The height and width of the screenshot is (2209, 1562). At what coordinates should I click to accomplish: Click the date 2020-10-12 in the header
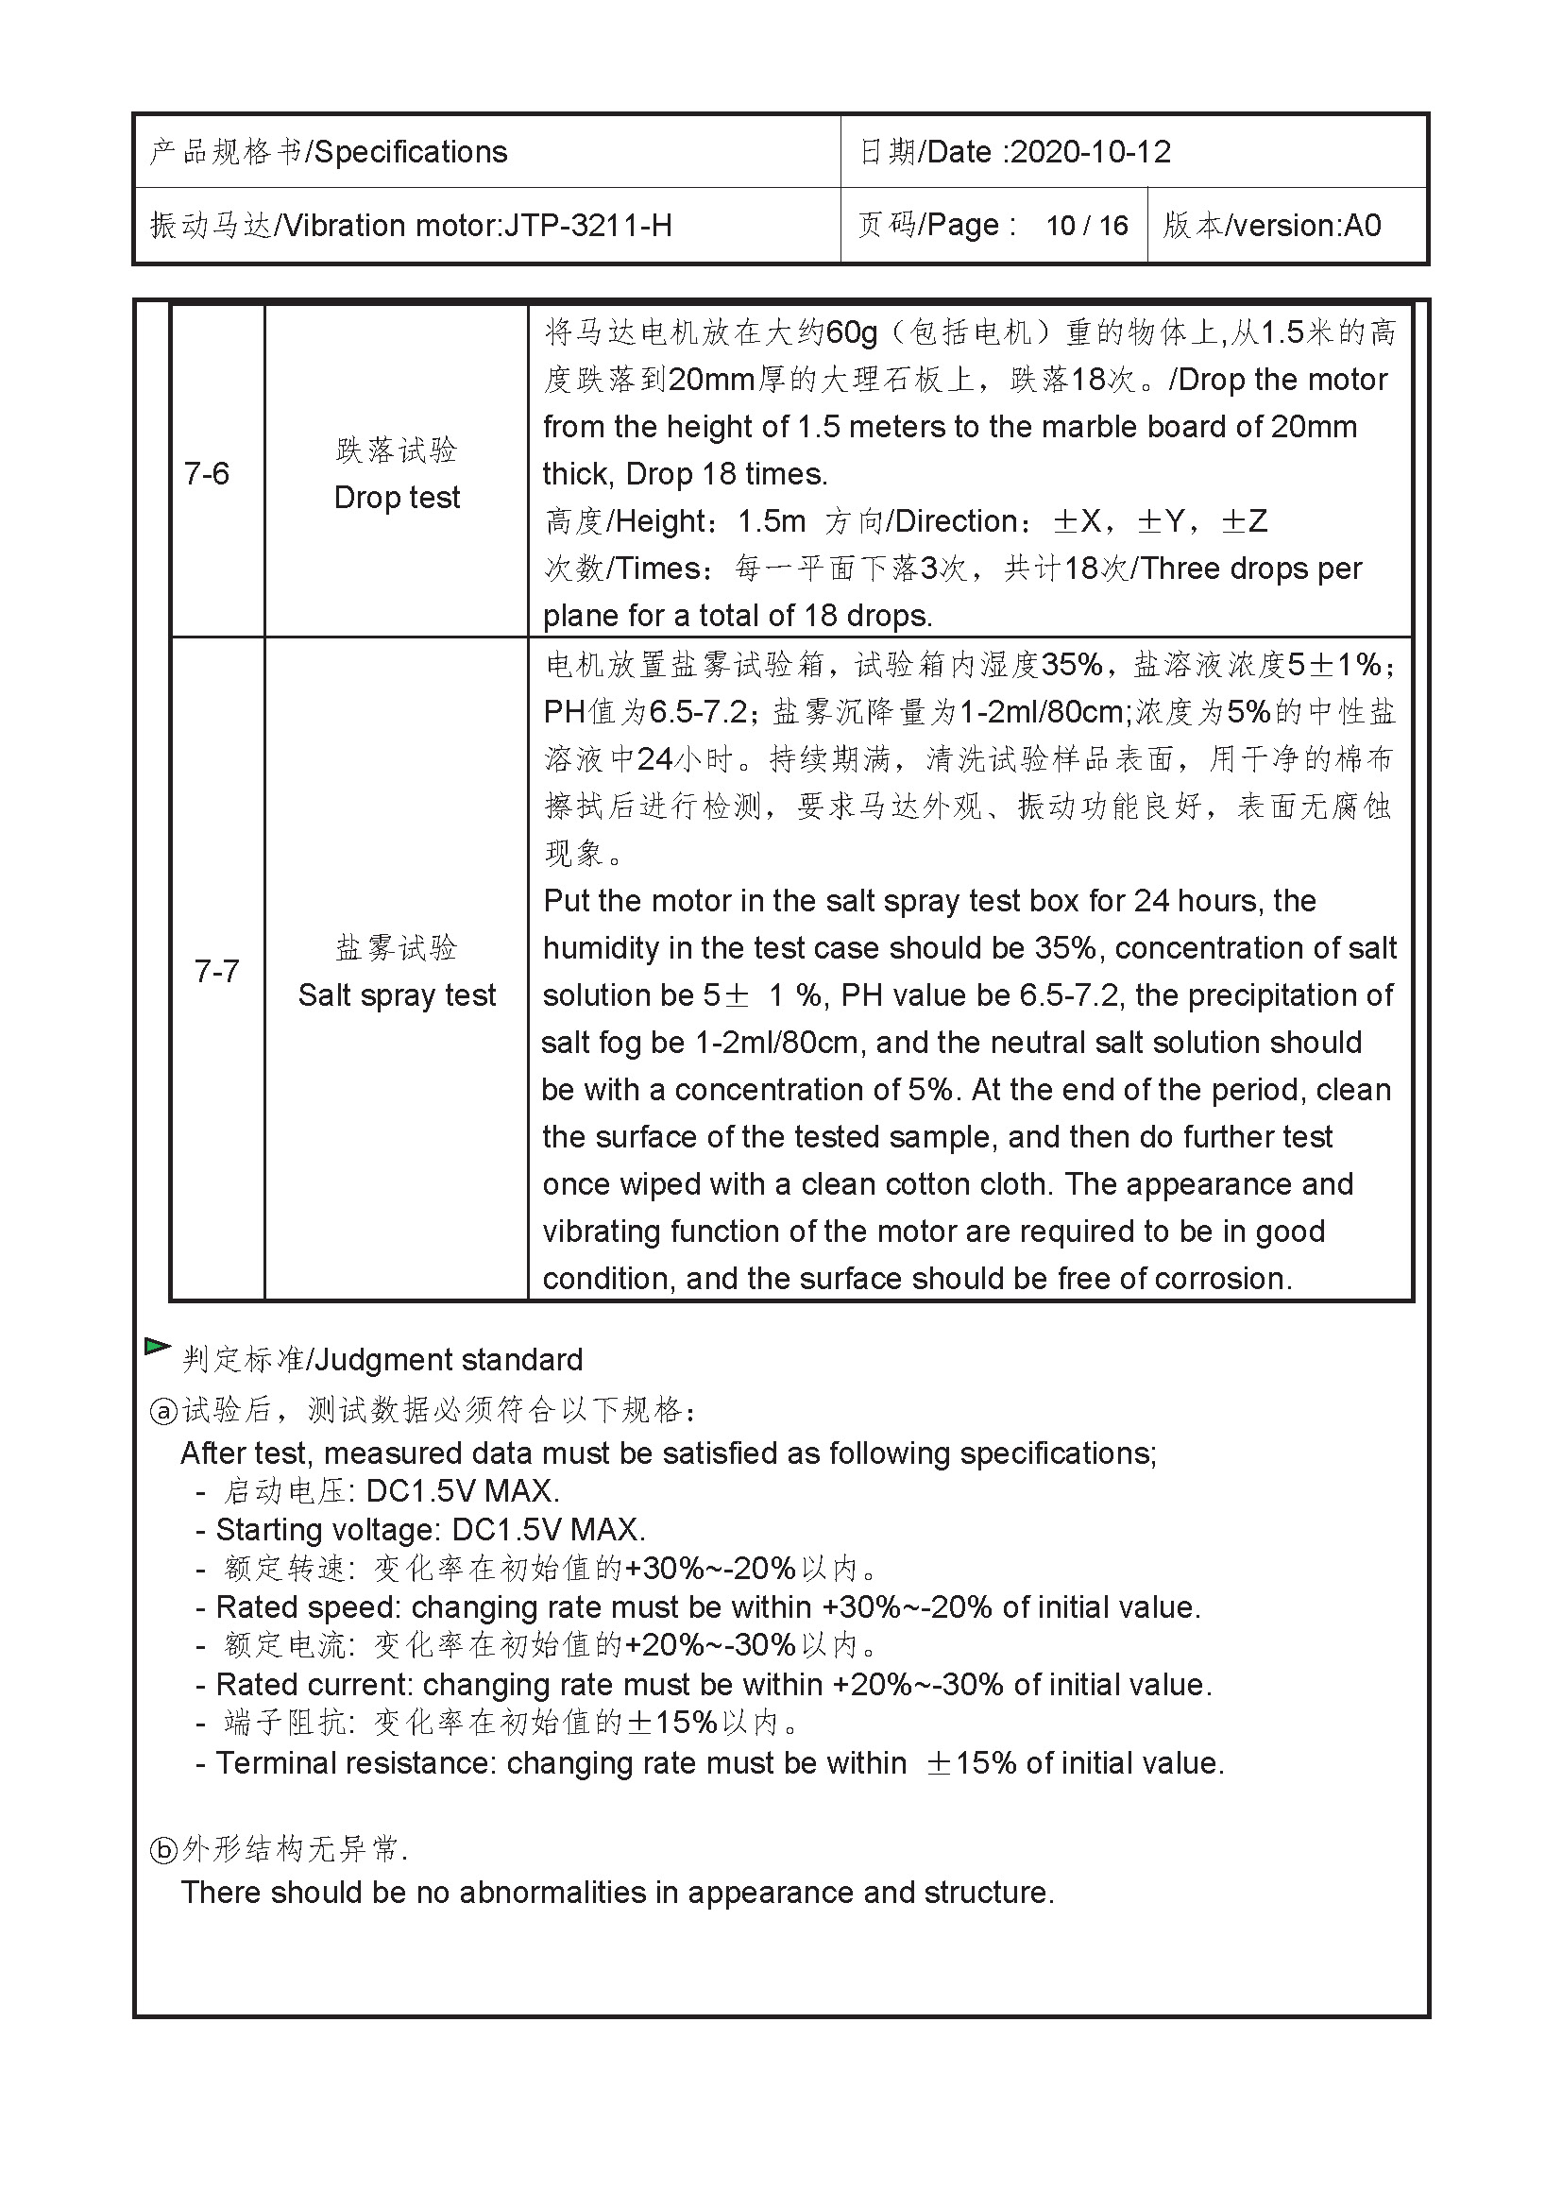1091,152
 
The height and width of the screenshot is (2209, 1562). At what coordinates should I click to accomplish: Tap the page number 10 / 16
1087,225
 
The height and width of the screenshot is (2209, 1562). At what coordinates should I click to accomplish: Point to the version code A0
1362,225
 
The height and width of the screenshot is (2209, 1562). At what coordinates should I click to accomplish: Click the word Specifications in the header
411,152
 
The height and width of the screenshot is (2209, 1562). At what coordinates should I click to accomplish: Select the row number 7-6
207,473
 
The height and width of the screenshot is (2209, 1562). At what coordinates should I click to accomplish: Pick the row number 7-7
216,971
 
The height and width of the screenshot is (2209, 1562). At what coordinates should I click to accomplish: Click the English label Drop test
397,498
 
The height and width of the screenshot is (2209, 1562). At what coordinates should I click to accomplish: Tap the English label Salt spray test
397,994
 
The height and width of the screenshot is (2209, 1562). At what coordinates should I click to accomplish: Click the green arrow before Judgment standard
157,1346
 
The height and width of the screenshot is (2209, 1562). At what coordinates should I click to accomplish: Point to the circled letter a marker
163,1411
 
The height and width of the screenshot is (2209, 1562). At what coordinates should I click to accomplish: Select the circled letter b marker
163,1849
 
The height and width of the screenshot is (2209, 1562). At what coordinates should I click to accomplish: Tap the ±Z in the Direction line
1244,521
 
